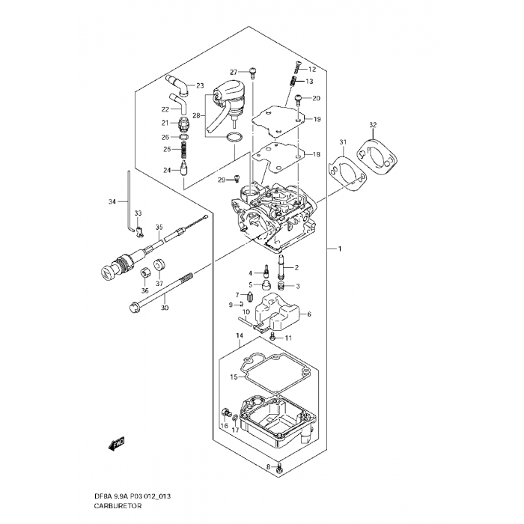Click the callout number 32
pos(373,124)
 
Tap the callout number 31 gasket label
pos(343,142)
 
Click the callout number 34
pos(112,201)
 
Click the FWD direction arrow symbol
pos(116,445)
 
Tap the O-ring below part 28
pos(234,138)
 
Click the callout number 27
pos(234,71)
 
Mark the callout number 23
pos(200,86)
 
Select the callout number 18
pos(317,154)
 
